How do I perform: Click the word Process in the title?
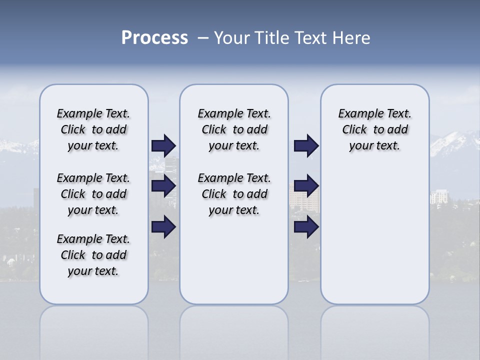click(154, 38)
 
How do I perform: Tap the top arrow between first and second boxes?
click(163, 145)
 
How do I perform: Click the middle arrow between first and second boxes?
click(163, 186)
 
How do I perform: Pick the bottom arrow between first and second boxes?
click(163, 226)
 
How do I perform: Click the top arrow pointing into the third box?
click(306, 145)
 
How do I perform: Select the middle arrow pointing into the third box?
click(306, 186)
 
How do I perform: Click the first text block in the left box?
click(93, 129)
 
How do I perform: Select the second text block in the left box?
click(93, 194)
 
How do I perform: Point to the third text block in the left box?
click(93, 255)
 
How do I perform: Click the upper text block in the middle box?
click(234, 129)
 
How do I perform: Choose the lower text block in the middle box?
click(234, 194)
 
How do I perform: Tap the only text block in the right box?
click(374, 129)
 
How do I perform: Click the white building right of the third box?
click(439, 196)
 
